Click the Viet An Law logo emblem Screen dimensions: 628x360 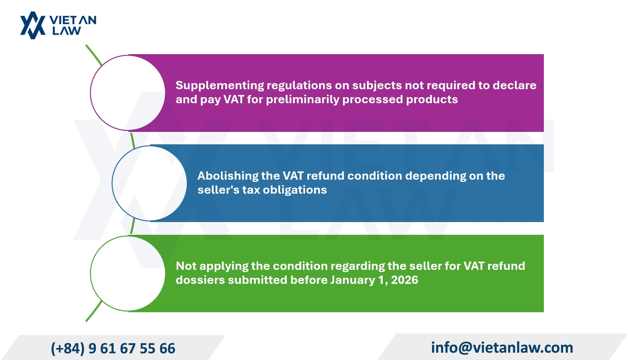tap(33, 25)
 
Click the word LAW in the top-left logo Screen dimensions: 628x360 tap(67, 31)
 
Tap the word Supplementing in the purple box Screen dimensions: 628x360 tap(220, 86)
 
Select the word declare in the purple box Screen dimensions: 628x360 tap(515, 85)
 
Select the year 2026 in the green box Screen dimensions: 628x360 tap(405, 280)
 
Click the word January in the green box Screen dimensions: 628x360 tap(353, 280)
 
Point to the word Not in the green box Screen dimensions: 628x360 tap(186, 266)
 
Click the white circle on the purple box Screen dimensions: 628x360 tap(128, 93)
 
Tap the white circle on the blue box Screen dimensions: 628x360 tap(149, 183)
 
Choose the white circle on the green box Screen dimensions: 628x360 tap(128, 273)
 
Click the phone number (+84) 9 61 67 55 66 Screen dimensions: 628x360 tap(113, 349)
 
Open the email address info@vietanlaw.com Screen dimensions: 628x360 tap(502, 348)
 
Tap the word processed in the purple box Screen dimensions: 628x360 tap(373, 100)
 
